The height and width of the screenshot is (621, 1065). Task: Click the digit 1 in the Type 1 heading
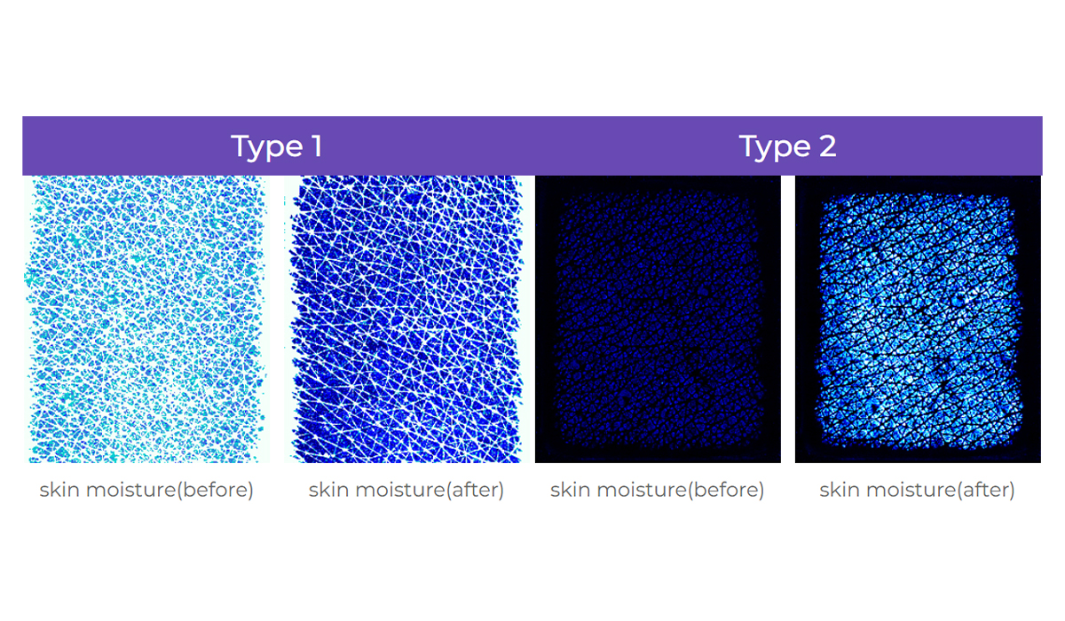pos(317,145)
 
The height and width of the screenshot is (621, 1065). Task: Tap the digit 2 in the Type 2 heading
pos(827,145)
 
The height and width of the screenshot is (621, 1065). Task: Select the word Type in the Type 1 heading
pos(267,147)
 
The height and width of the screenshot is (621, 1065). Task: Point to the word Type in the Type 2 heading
pos(775,147)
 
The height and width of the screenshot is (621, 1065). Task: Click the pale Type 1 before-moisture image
pos(146,318)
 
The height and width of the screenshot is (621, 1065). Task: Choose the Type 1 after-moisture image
pos(407,318)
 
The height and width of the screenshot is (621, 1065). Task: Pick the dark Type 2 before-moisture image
pos(658,318)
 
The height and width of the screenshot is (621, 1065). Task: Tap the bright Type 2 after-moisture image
pos(918,318)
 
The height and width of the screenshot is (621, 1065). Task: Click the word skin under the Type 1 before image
pos(59,490)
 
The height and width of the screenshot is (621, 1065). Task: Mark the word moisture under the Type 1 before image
pos(131,490)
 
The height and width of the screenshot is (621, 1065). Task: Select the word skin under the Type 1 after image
pos(329,490)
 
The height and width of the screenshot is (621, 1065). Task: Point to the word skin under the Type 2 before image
pos(571,490)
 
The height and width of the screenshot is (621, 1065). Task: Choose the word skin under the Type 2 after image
pos(840,490)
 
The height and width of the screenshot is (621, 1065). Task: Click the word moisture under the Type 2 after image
pos(911,490)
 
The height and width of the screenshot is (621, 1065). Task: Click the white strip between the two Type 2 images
pos(788,318)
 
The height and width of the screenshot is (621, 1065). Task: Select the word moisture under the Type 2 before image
pos(643,490)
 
